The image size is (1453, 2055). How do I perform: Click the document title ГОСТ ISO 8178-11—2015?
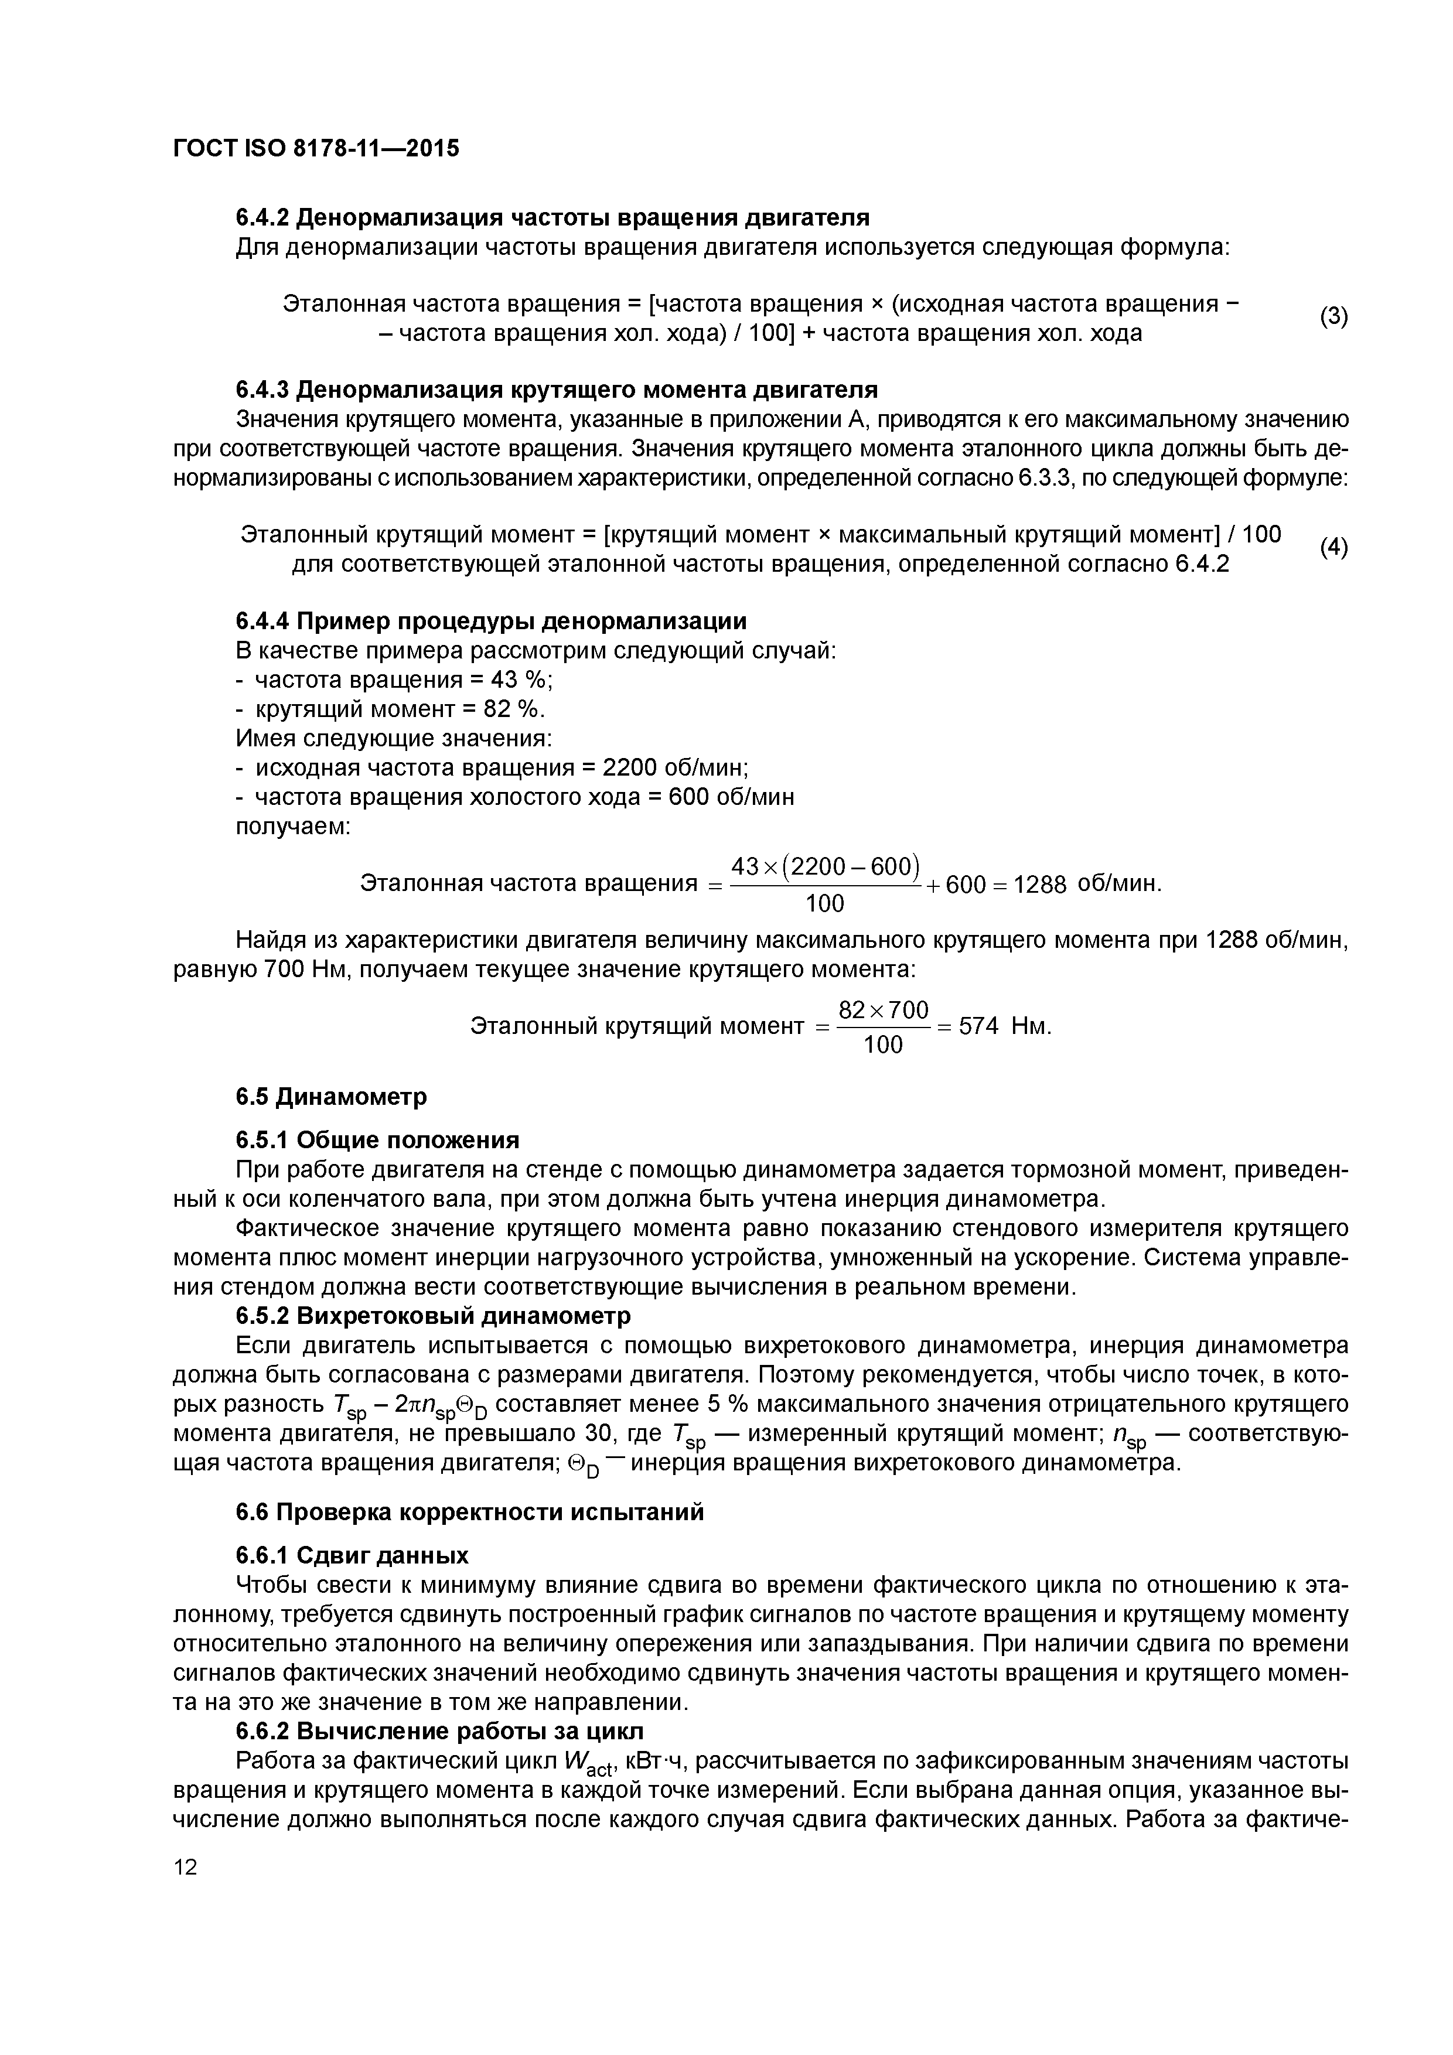coord(315,149)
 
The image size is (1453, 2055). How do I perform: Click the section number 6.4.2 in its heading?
coord(261,217)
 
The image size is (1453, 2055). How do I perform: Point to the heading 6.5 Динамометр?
coord(331,1097)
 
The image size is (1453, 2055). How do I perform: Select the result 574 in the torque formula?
coord(978,1026)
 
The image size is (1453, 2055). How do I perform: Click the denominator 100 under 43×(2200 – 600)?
coord(824,904)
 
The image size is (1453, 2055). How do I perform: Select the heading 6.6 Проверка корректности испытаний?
coord(469,1512)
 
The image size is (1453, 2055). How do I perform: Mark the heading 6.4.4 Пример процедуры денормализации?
coord(490,621)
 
